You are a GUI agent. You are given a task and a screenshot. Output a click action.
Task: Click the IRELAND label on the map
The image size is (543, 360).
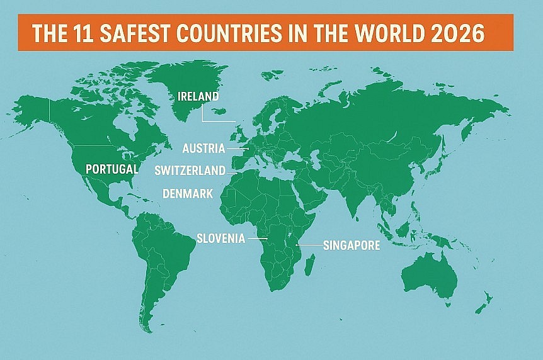point(198,97)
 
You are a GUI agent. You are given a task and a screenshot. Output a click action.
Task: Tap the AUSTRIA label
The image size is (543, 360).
point(203,149)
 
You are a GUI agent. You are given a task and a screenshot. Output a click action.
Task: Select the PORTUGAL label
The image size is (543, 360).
point(111,169)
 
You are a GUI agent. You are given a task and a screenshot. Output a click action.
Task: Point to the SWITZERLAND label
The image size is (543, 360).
point(190,170)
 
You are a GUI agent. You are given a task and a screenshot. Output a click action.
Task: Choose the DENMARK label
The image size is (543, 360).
point(188,193)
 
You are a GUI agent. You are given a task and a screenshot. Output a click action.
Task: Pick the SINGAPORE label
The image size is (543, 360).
point(352,245)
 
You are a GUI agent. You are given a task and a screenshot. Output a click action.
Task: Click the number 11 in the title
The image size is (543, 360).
point(74,33)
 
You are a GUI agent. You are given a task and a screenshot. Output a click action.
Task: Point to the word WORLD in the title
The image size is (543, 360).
point(391,33)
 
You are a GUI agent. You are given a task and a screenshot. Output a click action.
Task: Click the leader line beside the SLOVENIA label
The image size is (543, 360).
point(258,239)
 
